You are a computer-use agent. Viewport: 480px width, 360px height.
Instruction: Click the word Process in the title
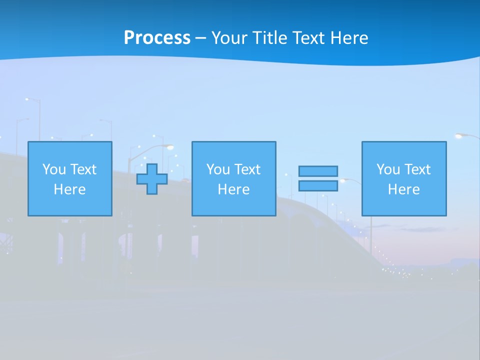(x=157, y=38)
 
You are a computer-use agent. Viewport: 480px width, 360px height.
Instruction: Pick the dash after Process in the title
(x=200, y=38)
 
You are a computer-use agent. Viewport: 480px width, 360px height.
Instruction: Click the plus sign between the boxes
(x=152, y=179)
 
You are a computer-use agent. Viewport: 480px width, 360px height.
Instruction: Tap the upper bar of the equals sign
(x=318, y=171)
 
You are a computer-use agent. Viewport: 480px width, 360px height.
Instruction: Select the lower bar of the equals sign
(x=318, y=186)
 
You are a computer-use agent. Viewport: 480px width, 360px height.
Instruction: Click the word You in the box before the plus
(x=54, y=169)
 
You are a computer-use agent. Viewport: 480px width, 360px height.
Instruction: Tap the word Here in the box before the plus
(x=70, y=189)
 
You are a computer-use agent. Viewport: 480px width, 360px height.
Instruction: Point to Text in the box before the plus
(x=83, y=169)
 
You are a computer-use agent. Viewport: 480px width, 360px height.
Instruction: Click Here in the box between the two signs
(x=234, y=189)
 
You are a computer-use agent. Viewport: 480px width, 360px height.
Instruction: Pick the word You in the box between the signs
(x=218, y=169)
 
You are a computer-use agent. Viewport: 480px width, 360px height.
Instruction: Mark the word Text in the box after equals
(x=417, y=169)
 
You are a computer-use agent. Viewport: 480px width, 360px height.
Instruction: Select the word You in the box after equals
(x=388, y=169)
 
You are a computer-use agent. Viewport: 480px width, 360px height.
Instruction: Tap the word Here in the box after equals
(x=404, y=189)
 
